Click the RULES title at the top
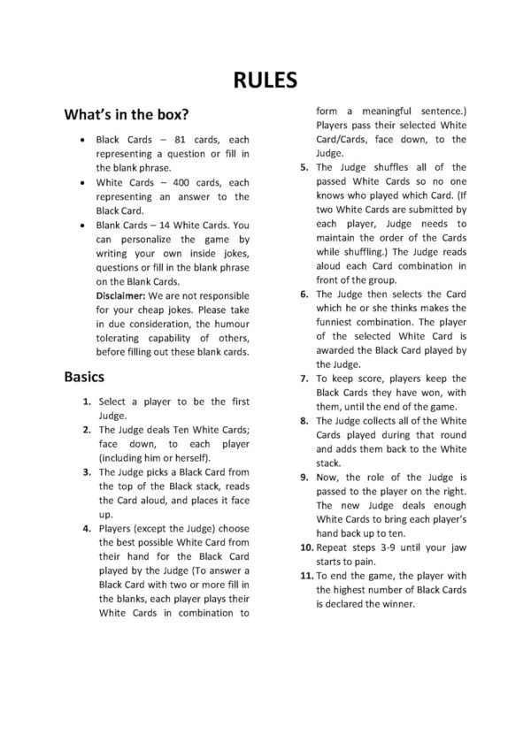point(265,81)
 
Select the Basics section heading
point(85,377)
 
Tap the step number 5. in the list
point(304,167)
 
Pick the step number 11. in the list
point(302,577)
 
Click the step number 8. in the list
point(304,421)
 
